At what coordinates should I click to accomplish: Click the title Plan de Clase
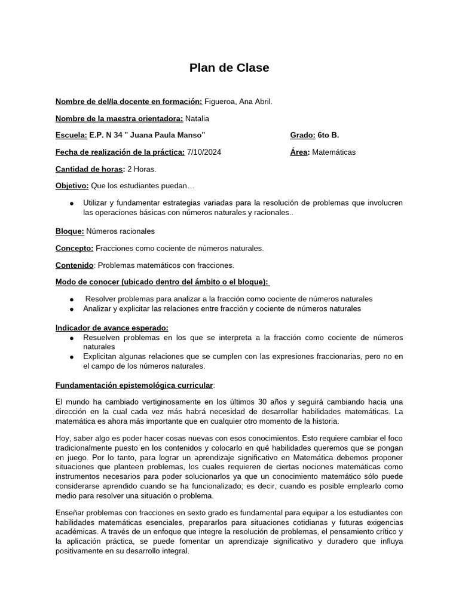pos(229,68)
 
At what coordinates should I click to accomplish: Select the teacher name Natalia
pos(197,118)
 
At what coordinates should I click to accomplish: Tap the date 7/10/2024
pos(204,152)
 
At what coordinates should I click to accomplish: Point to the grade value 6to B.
pos(329,135)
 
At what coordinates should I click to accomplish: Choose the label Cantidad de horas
pos(90,169)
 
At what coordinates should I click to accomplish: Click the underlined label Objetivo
pos(72,186)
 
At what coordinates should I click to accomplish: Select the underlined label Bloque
pos(69,231)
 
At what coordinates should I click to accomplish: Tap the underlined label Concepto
pos(74,248)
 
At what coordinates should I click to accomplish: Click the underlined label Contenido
pos(74,265)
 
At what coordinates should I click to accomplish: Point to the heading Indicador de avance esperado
pos(112,328)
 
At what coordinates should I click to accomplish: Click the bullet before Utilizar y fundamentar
pos(72,204)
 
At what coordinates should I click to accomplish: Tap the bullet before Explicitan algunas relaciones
pos(72,357)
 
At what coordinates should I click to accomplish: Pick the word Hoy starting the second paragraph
pos(63,437)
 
